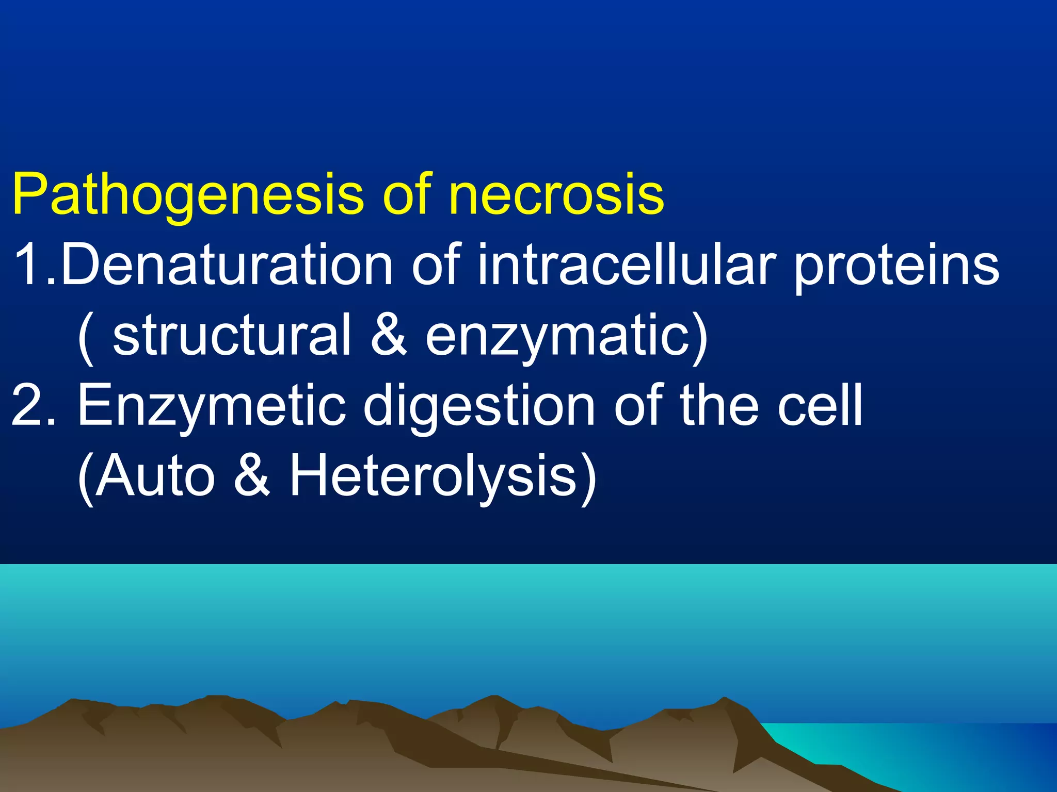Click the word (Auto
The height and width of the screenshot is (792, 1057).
click(x=146, y=477)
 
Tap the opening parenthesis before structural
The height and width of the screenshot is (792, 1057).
click(x=87, y=338)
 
